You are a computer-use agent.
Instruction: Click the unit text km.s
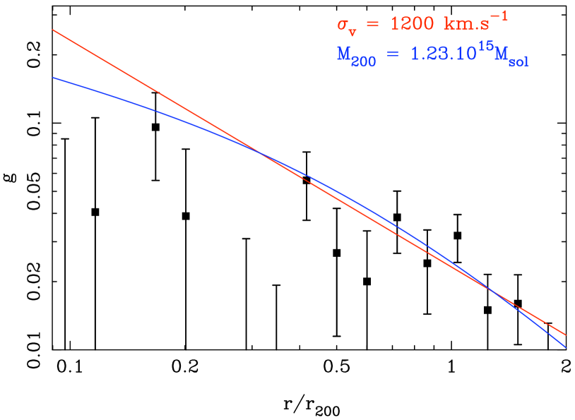(466, 24)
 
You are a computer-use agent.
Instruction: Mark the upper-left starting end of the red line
(53, 30)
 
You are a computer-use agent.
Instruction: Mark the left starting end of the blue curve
(53, 78)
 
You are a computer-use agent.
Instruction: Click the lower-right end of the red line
(565, 335)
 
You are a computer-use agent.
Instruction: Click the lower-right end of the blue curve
(565, 347)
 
